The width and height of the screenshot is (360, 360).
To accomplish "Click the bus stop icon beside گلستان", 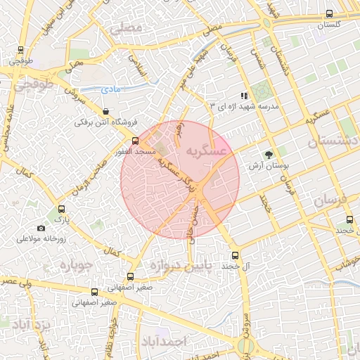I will click(330, 13).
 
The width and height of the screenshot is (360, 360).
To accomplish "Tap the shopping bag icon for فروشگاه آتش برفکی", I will click(105, 111).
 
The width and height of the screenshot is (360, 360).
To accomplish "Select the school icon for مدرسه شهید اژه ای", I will click(244, 95).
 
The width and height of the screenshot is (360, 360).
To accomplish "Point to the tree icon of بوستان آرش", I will click(268, 155).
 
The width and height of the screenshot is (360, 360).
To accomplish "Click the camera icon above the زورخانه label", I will click(41, 228).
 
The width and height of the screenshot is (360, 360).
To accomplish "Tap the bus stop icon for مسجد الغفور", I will click(136, 140).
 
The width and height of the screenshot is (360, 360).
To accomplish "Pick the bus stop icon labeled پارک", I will click(61, 209).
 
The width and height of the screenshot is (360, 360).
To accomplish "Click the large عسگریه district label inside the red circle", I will click(207, 151).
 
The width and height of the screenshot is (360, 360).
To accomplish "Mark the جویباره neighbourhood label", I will click(77, 266).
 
